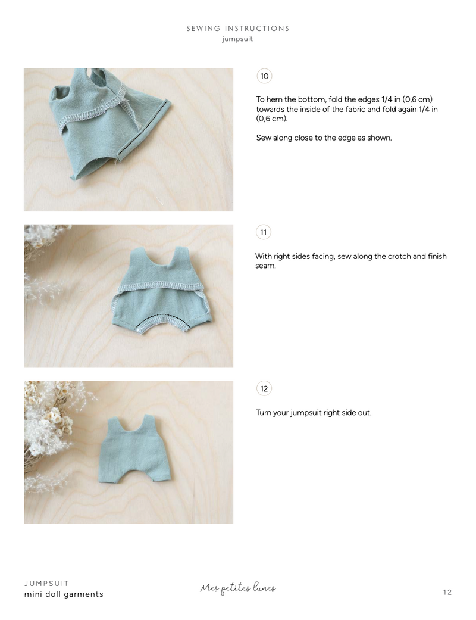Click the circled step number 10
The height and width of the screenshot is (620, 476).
coord(264,76)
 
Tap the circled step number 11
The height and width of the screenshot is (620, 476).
coord(264,232)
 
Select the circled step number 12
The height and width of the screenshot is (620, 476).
coord(264,388)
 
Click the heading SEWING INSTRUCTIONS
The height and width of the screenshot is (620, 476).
coord(238,29)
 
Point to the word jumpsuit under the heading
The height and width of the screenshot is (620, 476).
coord(237,39)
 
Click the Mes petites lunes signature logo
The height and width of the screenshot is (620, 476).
coord(238,588)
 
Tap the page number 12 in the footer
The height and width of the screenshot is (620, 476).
coord(447,592)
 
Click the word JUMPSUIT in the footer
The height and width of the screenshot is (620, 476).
coord(46,583)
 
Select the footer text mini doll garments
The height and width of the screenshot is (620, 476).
coord(64,594)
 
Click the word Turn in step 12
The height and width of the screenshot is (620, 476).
coord(264,412)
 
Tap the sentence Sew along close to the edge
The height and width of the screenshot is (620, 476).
coord(324,138)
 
